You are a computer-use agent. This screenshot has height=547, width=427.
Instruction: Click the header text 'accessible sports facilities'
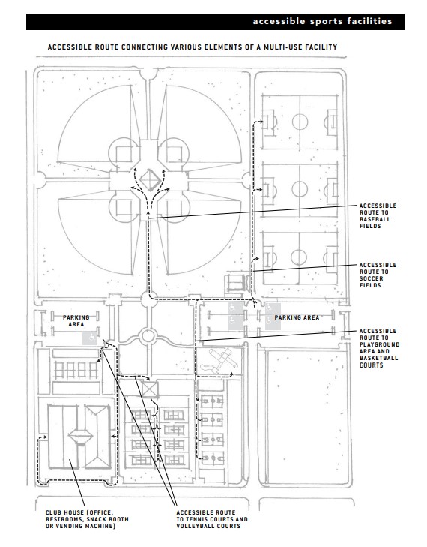pyautogui.click(x=323, y=22)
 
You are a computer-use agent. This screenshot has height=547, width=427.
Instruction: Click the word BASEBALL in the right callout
pyautogui.click(x=375, y=219)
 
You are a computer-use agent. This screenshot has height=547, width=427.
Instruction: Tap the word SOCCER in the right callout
pyautogui.click(x=372, y=278)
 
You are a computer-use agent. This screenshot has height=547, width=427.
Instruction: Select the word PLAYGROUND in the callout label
pyautogui.click(x=380, y=344)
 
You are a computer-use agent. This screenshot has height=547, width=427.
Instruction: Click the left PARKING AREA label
pyautogui.click(x=76, y=321)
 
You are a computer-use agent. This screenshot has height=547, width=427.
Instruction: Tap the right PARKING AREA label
pyautogui.click(x=297, y=317)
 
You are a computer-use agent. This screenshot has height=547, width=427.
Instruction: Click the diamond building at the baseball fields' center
pyautogui.click(x=150, y=180)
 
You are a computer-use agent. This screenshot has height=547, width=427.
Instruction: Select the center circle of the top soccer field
pyautogui.click(x=300, y=122)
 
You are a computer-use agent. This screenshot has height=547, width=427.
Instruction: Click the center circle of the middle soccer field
pyautogui.click(x=300, y=189)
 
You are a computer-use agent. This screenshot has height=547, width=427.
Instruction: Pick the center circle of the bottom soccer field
pyautogui.click(x=299, y=257)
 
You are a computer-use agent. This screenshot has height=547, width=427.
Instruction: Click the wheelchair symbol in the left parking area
pyautogui.click(x=89, y=338)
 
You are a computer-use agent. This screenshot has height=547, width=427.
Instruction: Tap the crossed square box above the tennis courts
pyautogui.click(x=150, y=389)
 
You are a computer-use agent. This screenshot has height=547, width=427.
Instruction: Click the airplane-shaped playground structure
pyautogui.click(x=223, y=361)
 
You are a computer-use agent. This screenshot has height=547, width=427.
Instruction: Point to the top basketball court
pyautogui.click(x=212, y=401)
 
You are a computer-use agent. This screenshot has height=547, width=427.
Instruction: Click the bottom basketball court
pyautogui.click(x=212, y=458)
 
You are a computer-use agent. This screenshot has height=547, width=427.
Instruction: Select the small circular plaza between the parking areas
pyautogui.click(x=148, y=336)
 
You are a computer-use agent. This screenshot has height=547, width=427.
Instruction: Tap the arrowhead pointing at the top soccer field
pyautogui.click(x=261, y=122)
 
